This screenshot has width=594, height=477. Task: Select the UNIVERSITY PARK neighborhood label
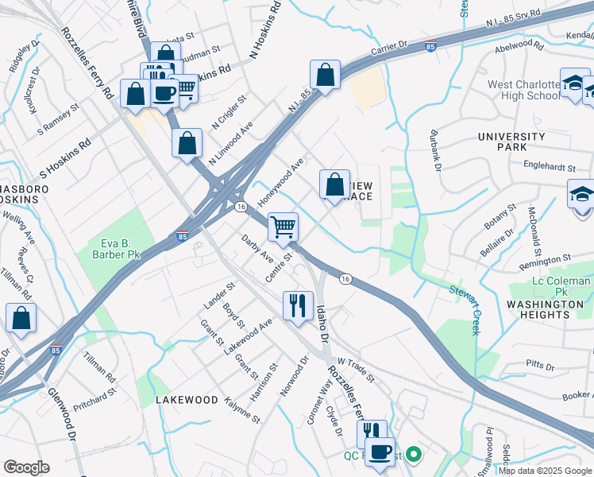click(x=511, y=142)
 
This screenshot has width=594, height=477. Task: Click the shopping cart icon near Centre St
click(x=283, y=227)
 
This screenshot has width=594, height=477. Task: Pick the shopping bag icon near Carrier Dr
click(x=326, y=75)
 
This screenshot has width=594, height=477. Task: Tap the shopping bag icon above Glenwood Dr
click(x=21, y=318)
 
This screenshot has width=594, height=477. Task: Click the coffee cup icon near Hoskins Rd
click(x=164, y=93)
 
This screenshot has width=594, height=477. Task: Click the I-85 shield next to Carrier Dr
click(x=430, y=47)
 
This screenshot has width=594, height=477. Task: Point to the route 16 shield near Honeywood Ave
click(x=240, y=206)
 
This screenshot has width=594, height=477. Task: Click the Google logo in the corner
click(x=26, y=467)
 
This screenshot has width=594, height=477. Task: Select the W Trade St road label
click(x=354, y=368)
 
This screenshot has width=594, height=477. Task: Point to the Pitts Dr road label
click(x=540, y=365)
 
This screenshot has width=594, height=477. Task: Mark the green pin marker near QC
click(x=412, y=456)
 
